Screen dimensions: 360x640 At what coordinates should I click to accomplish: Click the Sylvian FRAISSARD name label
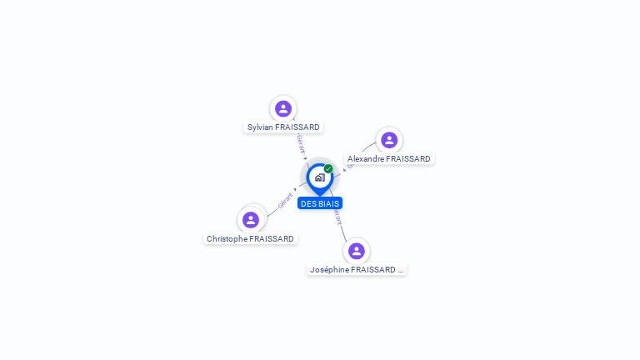[x=283, y=127]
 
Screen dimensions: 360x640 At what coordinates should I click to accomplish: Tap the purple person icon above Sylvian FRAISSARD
[x=283, y=108]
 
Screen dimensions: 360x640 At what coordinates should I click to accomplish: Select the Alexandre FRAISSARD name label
[x=389, y=159]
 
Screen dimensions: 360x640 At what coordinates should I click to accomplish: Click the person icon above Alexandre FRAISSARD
[x=389, y=140]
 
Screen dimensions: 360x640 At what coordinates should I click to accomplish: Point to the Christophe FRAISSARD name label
[x=250, y=239]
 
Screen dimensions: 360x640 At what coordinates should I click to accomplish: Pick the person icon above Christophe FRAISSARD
[x=251, y=220]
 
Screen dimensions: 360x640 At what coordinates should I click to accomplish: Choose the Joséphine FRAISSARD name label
[x=356, y=270]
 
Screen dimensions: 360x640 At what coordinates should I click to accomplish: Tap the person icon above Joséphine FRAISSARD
[x=357, y=251]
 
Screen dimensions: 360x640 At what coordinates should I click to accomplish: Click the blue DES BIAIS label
[x=320, y=203]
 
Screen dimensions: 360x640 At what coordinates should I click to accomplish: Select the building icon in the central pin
[x=319, y=177]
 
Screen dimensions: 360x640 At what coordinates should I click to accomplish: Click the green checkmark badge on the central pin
[x=328, y=169]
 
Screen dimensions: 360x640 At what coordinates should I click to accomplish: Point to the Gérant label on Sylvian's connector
[x=301, y=143]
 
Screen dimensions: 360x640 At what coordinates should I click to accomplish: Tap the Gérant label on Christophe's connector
[x=286, y=200]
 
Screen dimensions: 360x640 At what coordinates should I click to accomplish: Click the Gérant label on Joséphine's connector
[x=337, y=217]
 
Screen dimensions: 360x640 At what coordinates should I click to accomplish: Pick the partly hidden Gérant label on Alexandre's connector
[x=350, y=166]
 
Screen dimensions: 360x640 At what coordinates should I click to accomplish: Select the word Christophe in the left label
[x=227, y=239]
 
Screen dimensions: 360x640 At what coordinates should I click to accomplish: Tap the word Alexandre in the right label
[x=366, y=159]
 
